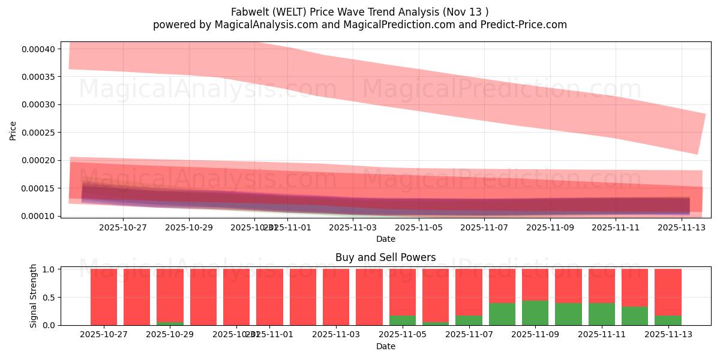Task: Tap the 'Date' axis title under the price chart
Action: click(385, 239)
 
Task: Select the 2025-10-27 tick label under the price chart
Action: click(122, 227)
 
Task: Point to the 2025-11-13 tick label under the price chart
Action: click(681, 227)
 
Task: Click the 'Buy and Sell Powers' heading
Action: click(385, 257)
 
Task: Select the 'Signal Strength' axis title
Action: click(34, 296)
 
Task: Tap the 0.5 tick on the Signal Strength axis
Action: click(49, 297)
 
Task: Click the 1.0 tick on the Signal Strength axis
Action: click(49, 269)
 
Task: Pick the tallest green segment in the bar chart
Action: click(535, 313)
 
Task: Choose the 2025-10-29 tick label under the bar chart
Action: click(170, 335)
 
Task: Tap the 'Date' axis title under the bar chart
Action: click(385, 346)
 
